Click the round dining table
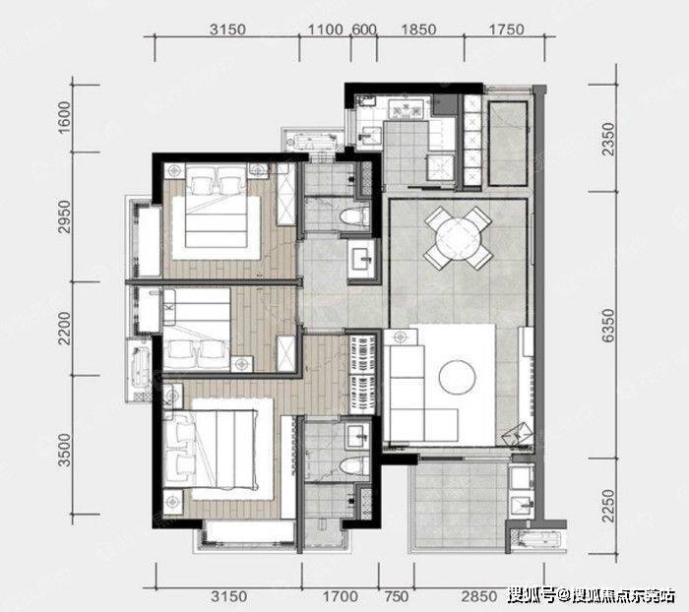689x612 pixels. tap(459, 239)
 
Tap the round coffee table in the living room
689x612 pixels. tap(458, 378)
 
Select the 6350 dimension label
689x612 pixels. tap(607, 326)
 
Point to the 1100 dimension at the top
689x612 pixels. tap(325, 30)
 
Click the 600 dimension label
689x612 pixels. tap(364, 30)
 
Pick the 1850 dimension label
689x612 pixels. tap(418, 30)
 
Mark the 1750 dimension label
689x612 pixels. tap(507, 30)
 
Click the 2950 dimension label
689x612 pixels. tap(64, 216)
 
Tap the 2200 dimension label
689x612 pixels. tap(64, 329)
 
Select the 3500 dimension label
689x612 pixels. tap(64, 450)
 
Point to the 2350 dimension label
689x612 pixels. tap(607, 139)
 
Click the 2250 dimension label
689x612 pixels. tap(607, 505)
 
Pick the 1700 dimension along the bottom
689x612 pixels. tap(341, 596)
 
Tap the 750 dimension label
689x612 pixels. tap(397, 596)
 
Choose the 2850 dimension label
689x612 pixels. tap(479, 596)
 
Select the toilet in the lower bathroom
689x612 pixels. tap(354, 465)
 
